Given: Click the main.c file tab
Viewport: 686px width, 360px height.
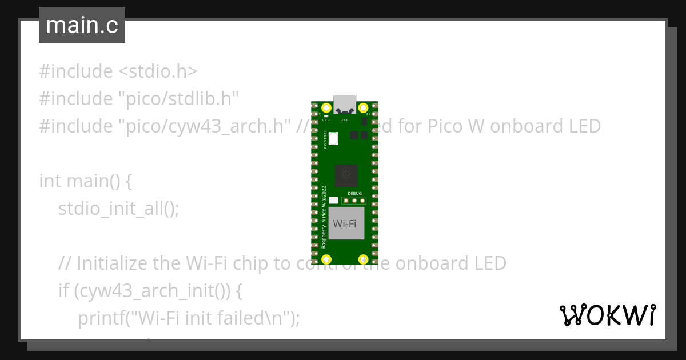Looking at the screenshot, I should [81, 25].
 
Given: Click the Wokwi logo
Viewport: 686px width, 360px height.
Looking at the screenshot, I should [607, 315].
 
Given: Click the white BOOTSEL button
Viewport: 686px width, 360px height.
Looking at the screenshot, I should [334, 138].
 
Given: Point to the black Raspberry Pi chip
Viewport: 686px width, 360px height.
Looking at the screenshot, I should [346, 174].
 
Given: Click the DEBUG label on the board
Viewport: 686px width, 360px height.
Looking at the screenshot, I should [354, 194].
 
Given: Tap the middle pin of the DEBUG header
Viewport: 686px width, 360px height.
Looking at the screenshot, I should [354, 201].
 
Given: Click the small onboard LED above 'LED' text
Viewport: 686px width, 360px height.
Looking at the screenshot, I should [325, 116].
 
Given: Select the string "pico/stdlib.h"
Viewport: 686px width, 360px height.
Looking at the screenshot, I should [178, 99].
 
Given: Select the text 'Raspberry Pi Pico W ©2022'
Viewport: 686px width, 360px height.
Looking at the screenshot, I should [324, 216].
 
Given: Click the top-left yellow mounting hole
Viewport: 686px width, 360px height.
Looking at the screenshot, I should [326, 107].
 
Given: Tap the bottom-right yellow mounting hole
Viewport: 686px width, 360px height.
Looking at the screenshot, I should [362, 259].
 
